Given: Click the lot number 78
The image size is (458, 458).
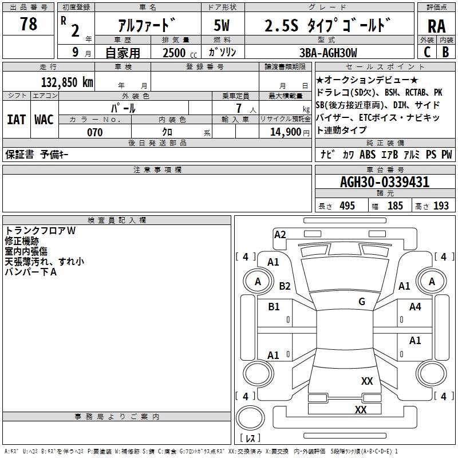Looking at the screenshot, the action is (x=28, y=24).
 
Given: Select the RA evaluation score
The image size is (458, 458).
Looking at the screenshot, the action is (x=436, y=26).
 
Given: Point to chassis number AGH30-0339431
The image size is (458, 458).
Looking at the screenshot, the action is (x=384, y=183).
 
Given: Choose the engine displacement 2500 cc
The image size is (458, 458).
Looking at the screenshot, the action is (x=175, y=53).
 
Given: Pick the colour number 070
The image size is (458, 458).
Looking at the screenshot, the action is (x=94, y=132).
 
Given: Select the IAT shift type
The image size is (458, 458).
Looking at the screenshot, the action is (x=16, y=120).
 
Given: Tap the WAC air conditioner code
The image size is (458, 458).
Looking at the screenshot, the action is (x=44, y=120).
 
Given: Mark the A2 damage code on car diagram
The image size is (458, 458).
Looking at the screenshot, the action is (x=280, y=234).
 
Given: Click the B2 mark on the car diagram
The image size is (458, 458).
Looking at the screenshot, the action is (x=285, y=286).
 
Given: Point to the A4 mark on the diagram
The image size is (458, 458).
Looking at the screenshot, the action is (x=415, y=307).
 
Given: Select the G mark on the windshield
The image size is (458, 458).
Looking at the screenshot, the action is (x=361, y=302).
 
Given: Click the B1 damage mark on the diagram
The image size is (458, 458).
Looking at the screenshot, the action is (x=274, y=307).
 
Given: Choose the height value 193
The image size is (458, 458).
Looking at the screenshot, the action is (x=441, y=206).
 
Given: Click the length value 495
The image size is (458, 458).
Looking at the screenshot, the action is (x=347, y=206).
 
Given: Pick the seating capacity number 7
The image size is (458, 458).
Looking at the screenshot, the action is (x=238, y=108).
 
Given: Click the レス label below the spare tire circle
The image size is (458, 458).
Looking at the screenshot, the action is (x=250, y=439).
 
